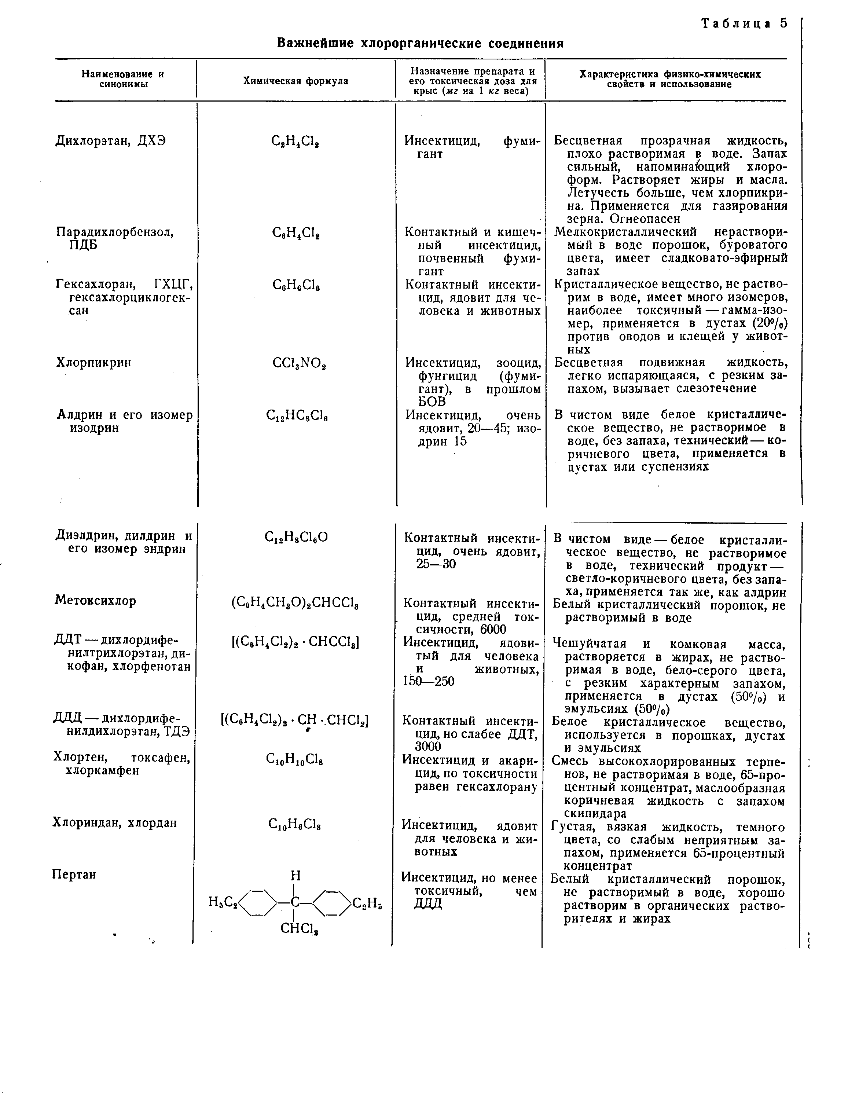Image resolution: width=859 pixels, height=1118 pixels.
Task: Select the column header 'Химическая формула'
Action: (295, 81)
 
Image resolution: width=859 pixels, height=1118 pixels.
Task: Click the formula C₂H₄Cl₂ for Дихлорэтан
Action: (296, 142)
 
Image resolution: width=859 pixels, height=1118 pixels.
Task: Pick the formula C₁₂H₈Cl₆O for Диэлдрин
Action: (296, 537)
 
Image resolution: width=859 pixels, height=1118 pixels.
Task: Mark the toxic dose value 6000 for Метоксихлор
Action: (489, 629)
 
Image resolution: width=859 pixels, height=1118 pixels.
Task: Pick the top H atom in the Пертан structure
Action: (295, 876)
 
